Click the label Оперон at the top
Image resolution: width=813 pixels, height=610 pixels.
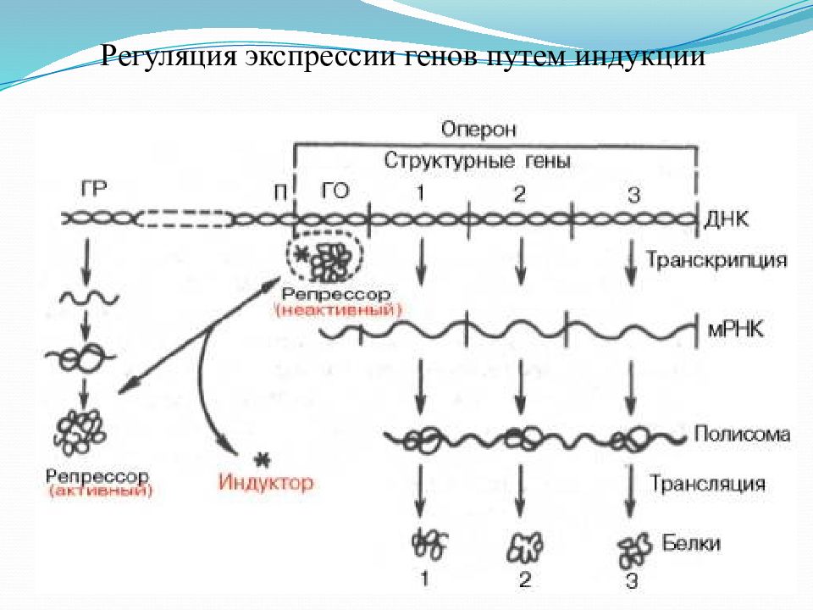[x=478, y=129]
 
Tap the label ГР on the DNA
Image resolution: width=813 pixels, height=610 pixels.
[x=94, y=189]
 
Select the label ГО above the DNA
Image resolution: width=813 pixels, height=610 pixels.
[x=335, y=191]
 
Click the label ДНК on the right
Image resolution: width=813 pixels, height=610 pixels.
[x=726, y=219]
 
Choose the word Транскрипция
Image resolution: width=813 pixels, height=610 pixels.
[x=716, y=259]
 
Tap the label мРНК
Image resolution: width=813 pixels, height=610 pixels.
[x=735, y=330]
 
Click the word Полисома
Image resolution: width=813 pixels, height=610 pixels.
[x=742, y=434]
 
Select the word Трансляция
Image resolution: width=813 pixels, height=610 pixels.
[x=708, y=484]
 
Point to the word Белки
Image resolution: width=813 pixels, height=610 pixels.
[x=691, y=543]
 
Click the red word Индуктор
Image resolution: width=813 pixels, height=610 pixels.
[x=266, y=482]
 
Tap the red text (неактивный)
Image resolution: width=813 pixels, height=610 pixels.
[x=339, y=311]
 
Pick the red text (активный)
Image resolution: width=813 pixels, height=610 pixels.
[x=101, y=491]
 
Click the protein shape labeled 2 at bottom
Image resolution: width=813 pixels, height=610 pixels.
[x=524, y=548]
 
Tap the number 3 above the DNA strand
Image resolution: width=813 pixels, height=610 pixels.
[x=633, y=195]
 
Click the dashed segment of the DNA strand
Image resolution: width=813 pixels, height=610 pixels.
[x=185, y=219]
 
